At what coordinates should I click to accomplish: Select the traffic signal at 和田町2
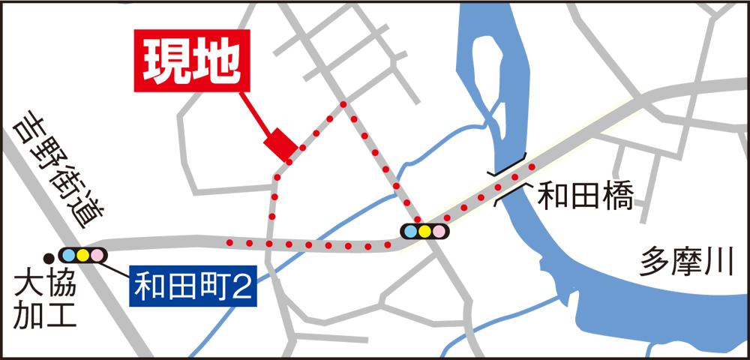point(82,256)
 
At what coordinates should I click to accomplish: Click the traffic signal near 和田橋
point(424,231)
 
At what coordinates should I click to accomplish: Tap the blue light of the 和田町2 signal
point(68,256)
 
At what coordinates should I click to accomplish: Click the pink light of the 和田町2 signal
point(97,256)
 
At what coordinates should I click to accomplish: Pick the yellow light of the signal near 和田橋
point(424,231)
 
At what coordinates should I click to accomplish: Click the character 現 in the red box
point(164,61)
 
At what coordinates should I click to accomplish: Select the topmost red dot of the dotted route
point(344,104)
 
